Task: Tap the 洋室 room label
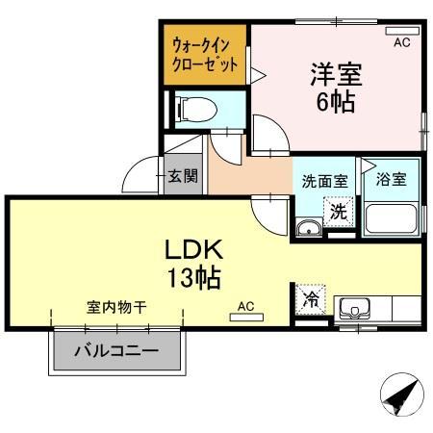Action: click(x=331, y=72)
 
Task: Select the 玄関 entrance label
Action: click(x=183, y=176)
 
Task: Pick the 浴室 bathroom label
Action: click(x=392, y=180)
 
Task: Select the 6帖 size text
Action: click(x=333, y=99)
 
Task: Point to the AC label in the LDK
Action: click(x=245, y=307)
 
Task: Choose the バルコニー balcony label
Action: click(x=117, y=351)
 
